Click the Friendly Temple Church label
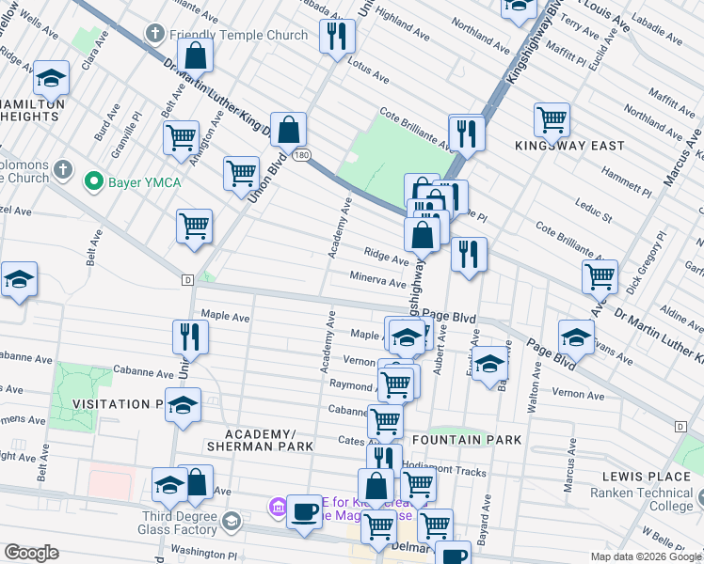pos(238,35)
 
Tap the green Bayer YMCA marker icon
pos(93,180)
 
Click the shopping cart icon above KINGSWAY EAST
pos(552,120)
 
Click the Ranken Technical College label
pos(646,499)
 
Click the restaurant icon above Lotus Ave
pos(335,36)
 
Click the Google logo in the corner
pos(31,553)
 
